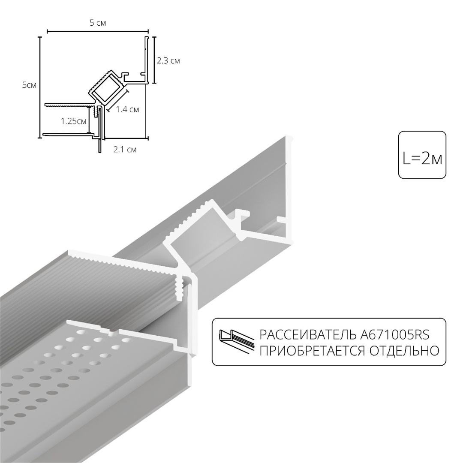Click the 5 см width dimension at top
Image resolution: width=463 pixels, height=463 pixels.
98,23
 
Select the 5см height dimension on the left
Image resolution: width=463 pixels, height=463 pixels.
29,85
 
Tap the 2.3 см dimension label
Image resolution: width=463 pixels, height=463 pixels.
168,61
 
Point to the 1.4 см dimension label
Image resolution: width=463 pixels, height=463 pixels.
127,110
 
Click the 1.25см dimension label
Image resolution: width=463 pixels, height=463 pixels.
73,121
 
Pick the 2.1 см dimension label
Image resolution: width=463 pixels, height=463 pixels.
125,150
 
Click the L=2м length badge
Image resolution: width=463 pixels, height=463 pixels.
422,155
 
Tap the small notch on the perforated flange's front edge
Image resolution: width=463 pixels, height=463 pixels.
111,332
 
